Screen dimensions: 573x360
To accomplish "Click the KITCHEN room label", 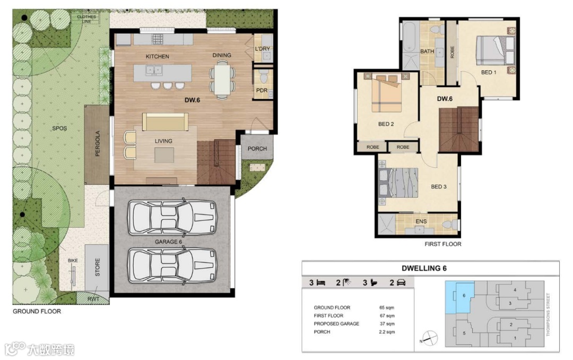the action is (x=157, y=56).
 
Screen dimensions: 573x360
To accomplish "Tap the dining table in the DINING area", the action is (x=222, y=80).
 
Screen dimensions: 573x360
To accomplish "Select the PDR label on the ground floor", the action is (x=262, y=90).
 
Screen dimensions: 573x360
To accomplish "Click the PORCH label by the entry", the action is (x=257, y=149).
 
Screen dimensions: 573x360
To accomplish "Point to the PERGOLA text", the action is (x=98, y=144).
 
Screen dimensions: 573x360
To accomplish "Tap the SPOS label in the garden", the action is (x=59, y=128).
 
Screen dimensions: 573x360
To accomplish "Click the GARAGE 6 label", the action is (x=169, y=242).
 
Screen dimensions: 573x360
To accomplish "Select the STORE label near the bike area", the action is (x=98, y=268).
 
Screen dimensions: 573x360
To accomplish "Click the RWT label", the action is (x=93, y=299).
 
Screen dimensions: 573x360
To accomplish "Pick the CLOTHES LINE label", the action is (x=86, y=19).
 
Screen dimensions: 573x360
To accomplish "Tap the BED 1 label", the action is (x=489, y=72).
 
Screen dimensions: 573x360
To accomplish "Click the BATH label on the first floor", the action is (x=427, y=52).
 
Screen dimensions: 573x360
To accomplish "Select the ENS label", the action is (x=421, y=221).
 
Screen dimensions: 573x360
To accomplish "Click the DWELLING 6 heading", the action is (x=424, y=268).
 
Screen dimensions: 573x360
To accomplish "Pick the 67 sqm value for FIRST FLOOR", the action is (x=387, y=316).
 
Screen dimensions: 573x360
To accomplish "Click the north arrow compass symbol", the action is (x=430, y=338).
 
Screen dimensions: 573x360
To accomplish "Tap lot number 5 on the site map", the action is (x=464, y=333).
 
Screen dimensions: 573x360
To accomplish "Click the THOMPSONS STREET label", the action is (x=548, y=314).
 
